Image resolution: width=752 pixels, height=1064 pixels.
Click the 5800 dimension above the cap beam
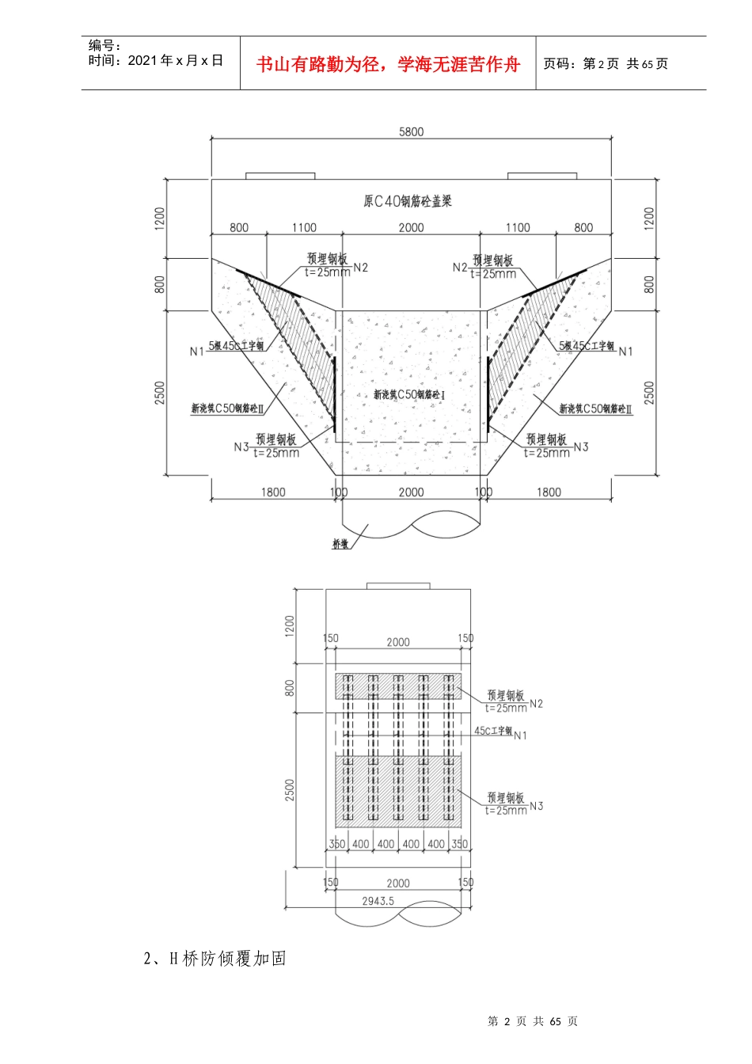click(x=411, y=131)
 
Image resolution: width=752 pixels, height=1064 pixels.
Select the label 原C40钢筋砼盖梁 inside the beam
click(x=408, y=201)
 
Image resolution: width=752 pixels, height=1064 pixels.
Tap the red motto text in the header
click(x=388, y=64)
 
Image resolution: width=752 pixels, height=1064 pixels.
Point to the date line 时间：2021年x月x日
click(x=156, y=61)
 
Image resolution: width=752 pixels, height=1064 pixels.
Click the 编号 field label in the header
click(x=104, y=46)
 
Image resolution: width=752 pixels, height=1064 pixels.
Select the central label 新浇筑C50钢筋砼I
click(x=409, y=394)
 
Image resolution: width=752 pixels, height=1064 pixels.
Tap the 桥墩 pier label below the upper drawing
click(x=340, y=545)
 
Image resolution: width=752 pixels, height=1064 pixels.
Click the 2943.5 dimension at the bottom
click(x=378, y=901)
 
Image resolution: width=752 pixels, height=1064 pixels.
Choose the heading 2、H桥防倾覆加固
click(x=215, y=958)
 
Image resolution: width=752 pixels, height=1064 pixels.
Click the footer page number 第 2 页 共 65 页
click(x=533, y=1021)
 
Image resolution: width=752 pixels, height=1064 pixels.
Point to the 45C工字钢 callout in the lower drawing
click(x=493, y=731)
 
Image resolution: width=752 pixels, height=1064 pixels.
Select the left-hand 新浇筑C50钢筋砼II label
click(x=227, y=408)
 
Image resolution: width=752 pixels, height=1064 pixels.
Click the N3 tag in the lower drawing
click(x=537, y=806)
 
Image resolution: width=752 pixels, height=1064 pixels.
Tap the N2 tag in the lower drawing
click(x=537, y=703)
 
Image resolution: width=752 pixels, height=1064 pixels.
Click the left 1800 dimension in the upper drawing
click(x=273, y=492)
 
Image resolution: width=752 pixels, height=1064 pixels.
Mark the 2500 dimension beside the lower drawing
click(x=290, y=789)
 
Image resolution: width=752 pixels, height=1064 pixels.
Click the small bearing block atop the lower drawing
click(x=397, y=586)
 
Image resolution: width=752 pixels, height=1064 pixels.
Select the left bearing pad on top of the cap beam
click(x=280, y=176)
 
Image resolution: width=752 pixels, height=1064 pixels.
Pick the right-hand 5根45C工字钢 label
click(x=587, y=346)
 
